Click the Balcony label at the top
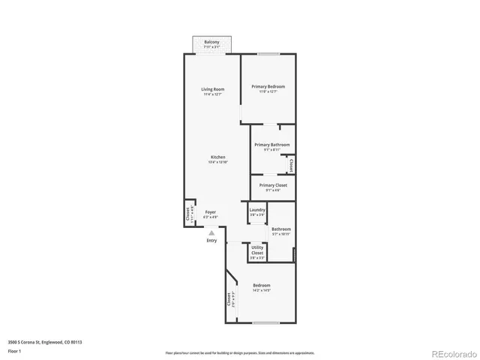[x=211, y=43]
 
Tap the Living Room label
[x=212, y=89]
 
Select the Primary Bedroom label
[x=268, y=86]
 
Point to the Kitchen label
[x=217, y=157]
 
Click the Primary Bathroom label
[x=271, y=145]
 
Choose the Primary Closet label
[x=273, y=185]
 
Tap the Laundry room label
[x=257, y=210]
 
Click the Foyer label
[x=210, y=212]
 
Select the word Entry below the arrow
[x=211, y=240]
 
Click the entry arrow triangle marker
[x=211, y=232]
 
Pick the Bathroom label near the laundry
[x=281, y=229]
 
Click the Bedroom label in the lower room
[x=261, y=286]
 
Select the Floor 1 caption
[x=14, y=350]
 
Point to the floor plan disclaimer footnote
[x=240, y=352]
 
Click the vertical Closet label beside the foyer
[x=188, y=214]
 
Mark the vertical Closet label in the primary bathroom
[x=290, y=164]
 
